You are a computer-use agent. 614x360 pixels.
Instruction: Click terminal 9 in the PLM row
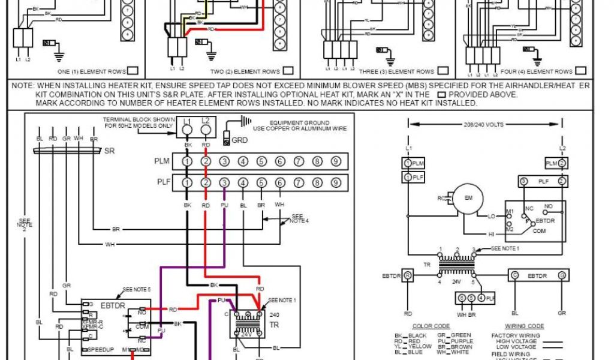[336, 161]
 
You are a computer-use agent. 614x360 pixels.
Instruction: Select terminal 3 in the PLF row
[224, 182]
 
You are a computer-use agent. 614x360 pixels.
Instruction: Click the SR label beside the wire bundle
[110, 151]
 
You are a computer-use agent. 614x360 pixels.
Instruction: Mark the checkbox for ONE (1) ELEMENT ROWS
[134, 71]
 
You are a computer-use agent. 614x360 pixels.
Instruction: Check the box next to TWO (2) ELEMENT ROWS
[288, 71]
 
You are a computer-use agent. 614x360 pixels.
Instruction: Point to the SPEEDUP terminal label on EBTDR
[100, 349]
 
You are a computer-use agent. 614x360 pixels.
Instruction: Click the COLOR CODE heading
[431, 326]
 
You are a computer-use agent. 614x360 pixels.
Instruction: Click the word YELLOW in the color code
[420, 346]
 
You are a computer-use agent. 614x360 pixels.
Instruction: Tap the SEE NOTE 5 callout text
[136, 289]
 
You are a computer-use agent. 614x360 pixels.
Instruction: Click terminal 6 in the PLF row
[280, 182]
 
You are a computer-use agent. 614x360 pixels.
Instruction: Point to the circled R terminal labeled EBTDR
[408, 275]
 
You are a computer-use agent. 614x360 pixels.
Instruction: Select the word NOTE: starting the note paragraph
[23, 86]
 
